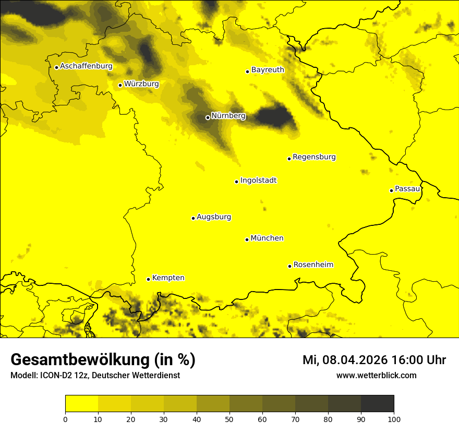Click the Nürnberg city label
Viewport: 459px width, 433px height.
pyautogui.click(x=228, y=116)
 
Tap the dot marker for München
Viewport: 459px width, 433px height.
pyautogui.click(x=247, y=239)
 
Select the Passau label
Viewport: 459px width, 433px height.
pyautogui.click(x=407, y=189)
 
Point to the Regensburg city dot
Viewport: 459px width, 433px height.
pyautogui.click(x=289, y=159)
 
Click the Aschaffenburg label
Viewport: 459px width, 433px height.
pyautogui.click(x=86, y=66)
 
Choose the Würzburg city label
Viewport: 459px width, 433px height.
pyautogui.click(x=141, y=83)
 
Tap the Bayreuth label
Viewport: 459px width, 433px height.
pyautogui.click(x=268, y=70)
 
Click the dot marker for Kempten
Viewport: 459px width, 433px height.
pyautogui.click(x=148, y=279)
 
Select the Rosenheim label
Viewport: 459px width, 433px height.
pyautogui.click(x=313, y=265)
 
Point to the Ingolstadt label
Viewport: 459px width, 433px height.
pyautogui.click(x=258, y=181)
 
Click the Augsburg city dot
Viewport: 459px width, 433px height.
pyautogui.click(x=193, y=218)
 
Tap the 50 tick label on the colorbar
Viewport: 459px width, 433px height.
pyautogui.click(x=229, y=419)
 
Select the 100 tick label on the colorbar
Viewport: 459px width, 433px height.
pyautogui.click(x=394, y=419)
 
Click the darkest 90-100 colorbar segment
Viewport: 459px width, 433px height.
pyautogui.click(x=377, y=404)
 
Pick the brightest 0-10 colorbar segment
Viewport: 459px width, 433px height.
pyautogui.click(x=81, y=404)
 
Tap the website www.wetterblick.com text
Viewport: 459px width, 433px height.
pyautogui.click(x=376, y=375)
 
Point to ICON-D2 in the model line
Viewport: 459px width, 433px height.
pyautogui.click(x=57, y=375)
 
